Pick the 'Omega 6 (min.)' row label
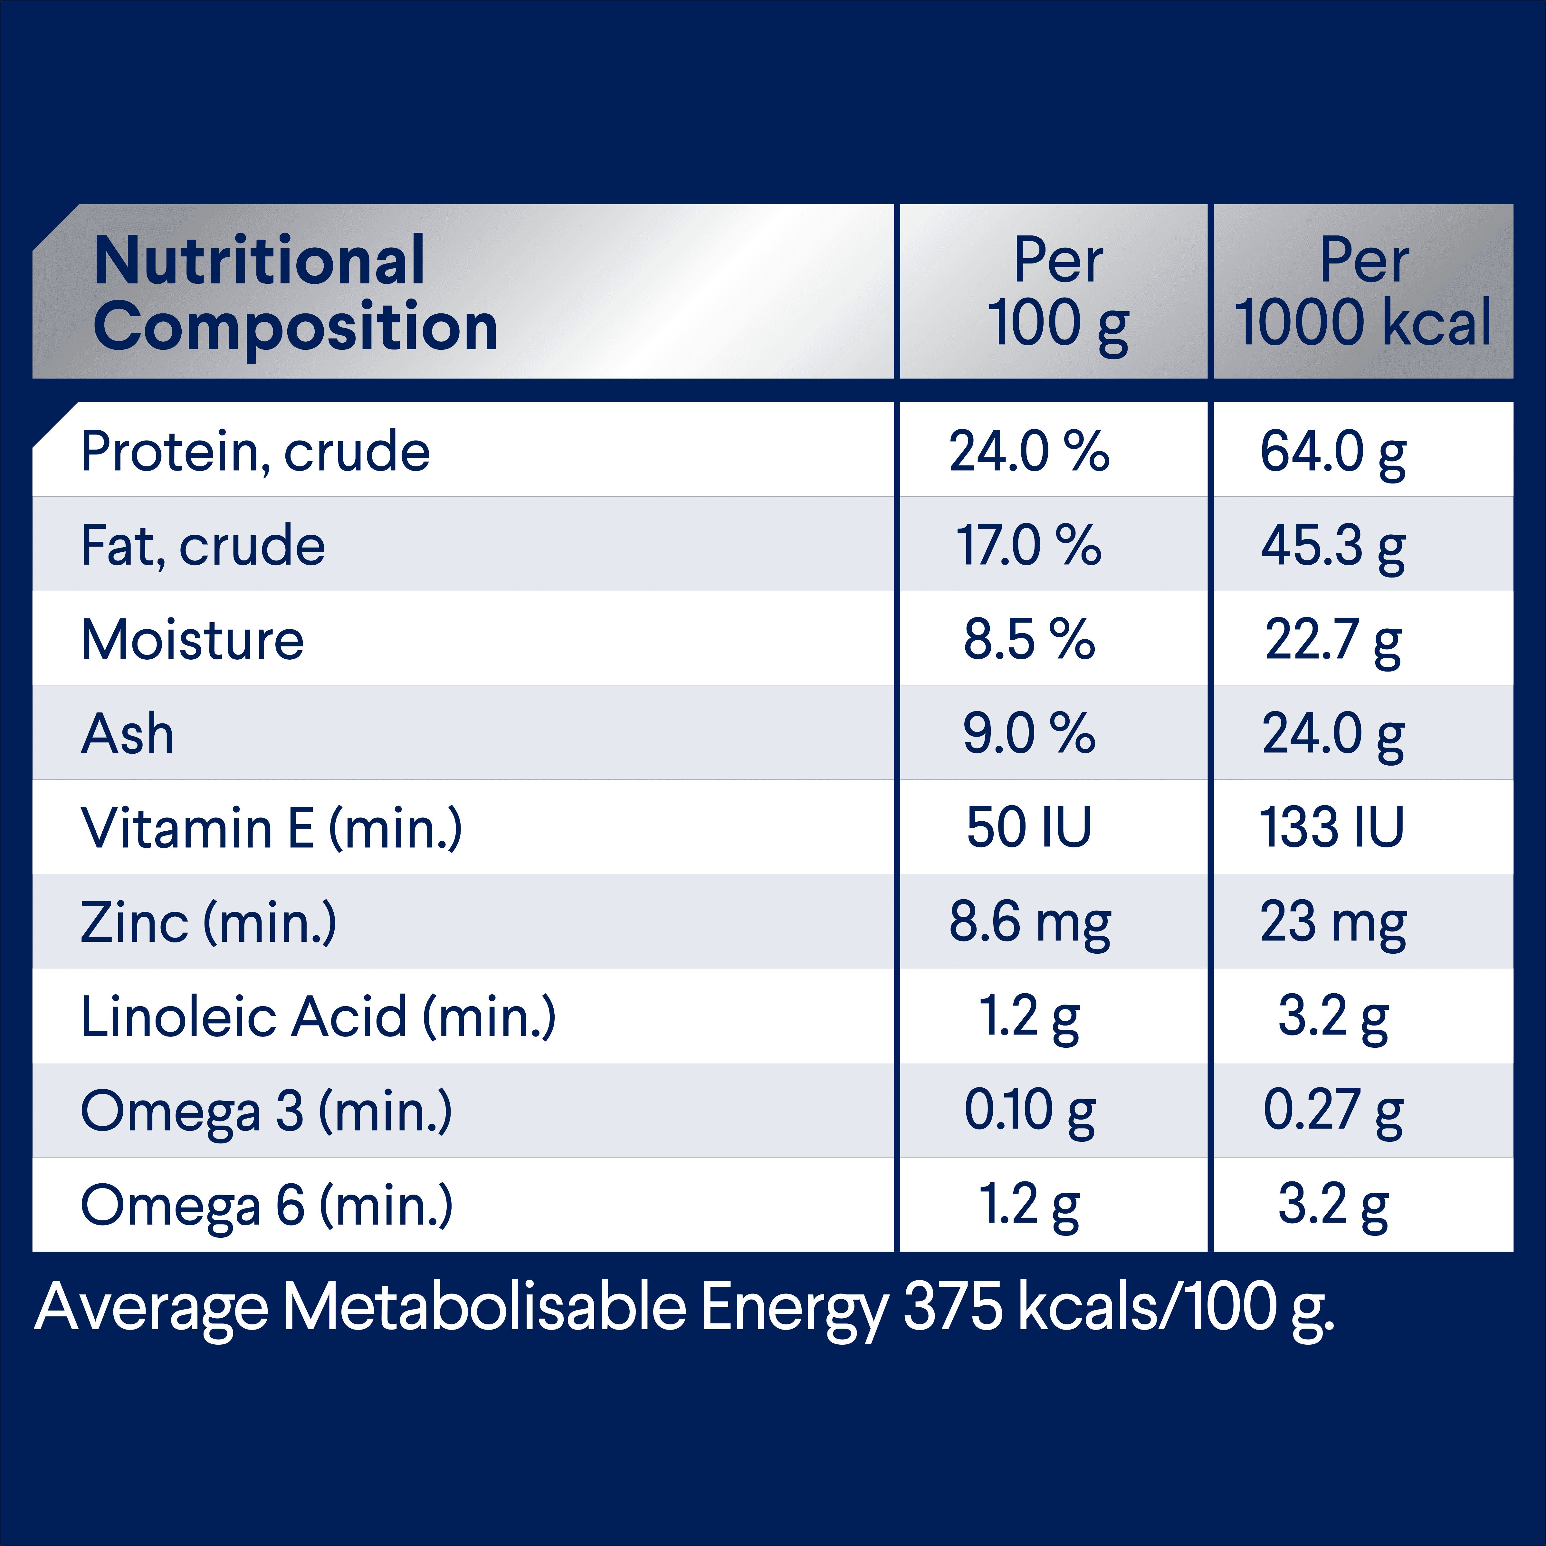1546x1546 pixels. pos(266,1205)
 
